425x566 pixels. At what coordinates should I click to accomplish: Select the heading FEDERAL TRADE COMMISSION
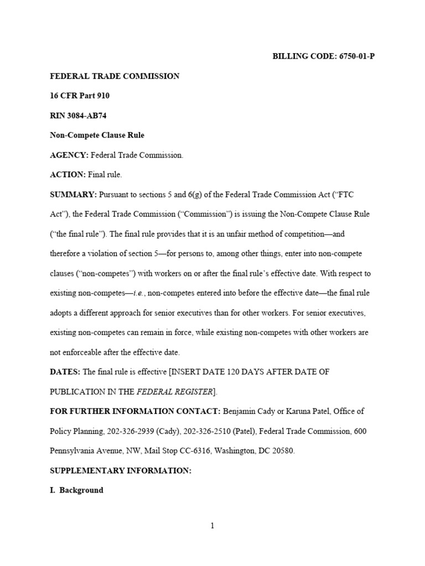(x=115, y=76)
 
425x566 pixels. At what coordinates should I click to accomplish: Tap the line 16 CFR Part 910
(x=80, y=96)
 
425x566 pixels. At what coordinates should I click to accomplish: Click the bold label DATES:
(x=65, y=372)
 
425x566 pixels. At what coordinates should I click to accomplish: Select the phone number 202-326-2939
(x=132, y=431)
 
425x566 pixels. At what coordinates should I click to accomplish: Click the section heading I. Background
(x=76, y=490)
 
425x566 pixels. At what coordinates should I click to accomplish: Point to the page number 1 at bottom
(x=212, y=526)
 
